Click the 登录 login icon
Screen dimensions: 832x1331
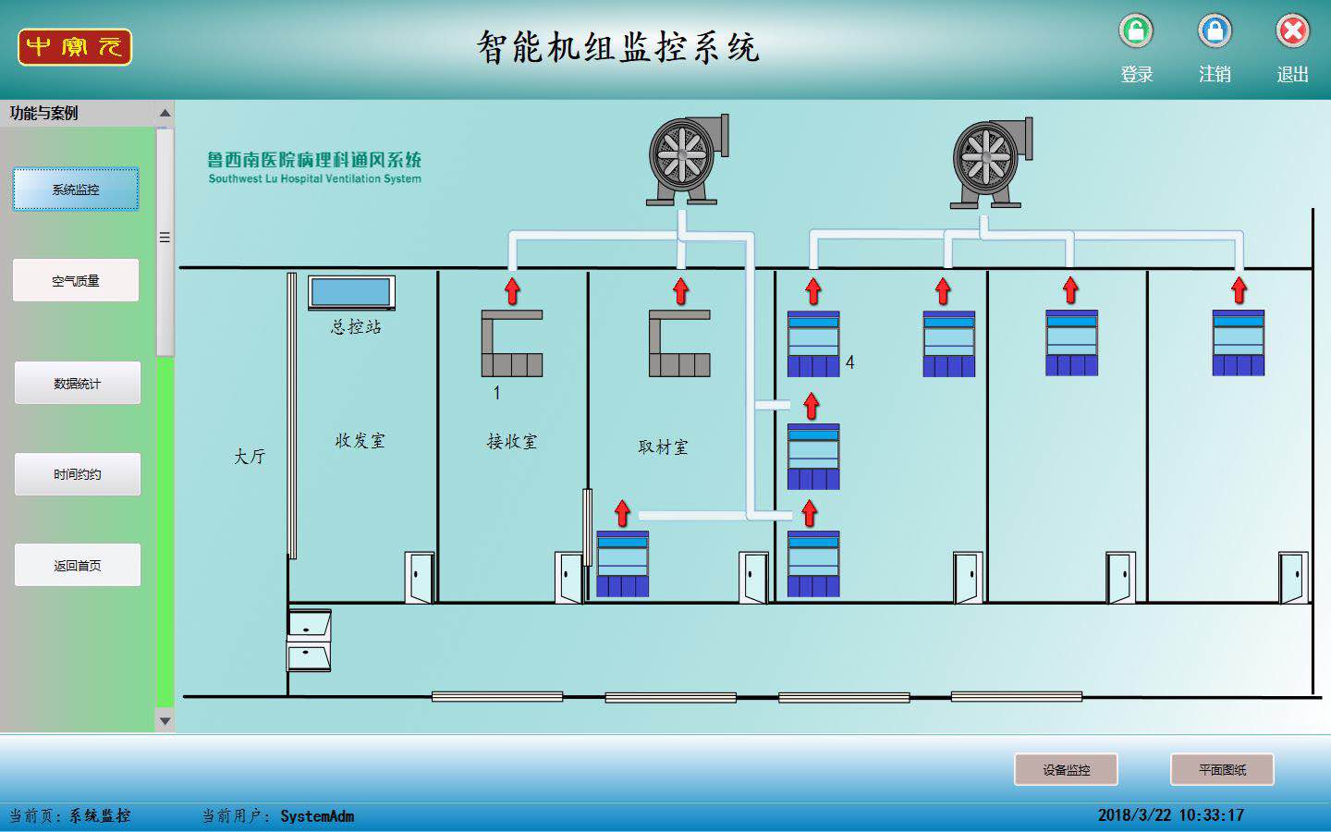(x=1136, y=31)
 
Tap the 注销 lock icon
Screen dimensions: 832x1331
(x=1215, y=31)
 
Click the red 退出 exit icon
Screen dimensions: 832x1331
(x=1292, y=31)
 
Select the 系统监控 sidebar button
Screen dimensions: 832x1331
(x=76, y=190)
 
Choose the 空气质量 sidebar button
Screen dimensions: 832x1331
(x=76, y=280)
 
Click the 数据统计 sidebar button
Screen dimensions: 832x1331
(x=77, y=383)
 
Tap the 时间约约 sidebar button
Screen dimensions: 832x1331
(x=77, y=474)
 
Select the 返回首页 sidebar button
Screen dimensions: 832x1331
(x=77, y=565)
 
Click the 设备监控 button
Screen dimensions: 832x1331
(x=1066, y=769)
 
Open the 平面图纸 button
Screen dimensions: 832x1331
(x=1222, y=769)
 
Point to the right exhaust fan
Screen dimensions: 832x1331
(x=991, y=162)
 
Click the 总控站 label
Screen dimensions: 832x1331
(x=356, y=326)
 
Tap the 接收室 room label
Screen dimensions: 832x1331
(x=512, y=442)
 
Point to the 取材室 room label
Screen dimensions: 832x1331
(x=663, y=447)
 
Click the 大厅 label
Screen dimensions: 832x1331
(x=249, y=457)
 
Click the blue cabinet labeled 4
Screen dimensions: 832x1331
(x=813, y=344)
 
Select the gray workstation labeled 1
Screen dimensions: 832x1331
(x=512, y=344)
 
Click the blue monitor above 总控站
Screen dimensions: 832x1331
(x=350, y=292)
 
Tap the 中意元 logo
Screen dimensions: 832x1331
(x=75, y=47)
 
